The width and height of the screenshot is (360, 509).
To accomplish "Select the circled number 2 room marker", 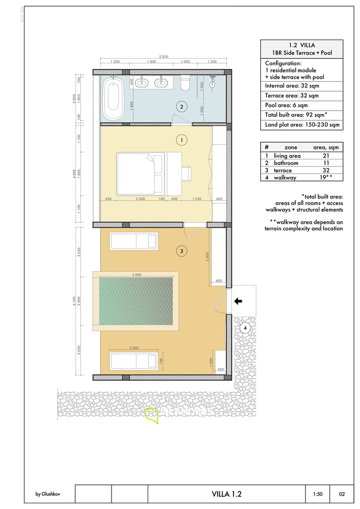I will click(181, 107).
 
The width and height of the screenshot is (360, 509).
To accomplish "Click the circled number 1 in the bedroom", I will click(181, 139).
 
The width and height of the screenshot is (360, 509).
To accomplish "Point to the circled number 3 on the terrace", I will click(181, 251).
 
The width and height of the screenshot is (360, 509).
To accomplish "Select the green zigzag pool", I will click(136, 301).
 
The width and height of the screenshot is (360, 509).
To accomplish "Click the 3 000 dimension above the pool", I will click(137, 275).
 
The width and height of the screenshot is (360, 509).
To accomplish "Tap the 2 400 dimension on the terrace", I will click(207, 257).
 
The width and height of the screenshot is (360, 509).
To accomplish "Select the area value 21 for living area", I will click(325, 156).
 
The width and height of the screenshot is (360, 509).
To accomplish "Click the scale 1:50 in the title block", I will click(318, 494).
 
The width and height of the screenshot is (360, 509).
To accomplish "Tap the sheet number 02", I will click(342, 494).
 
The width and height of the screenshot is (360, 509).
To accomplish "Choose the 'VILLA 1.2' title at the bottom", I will click(226, 494).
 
